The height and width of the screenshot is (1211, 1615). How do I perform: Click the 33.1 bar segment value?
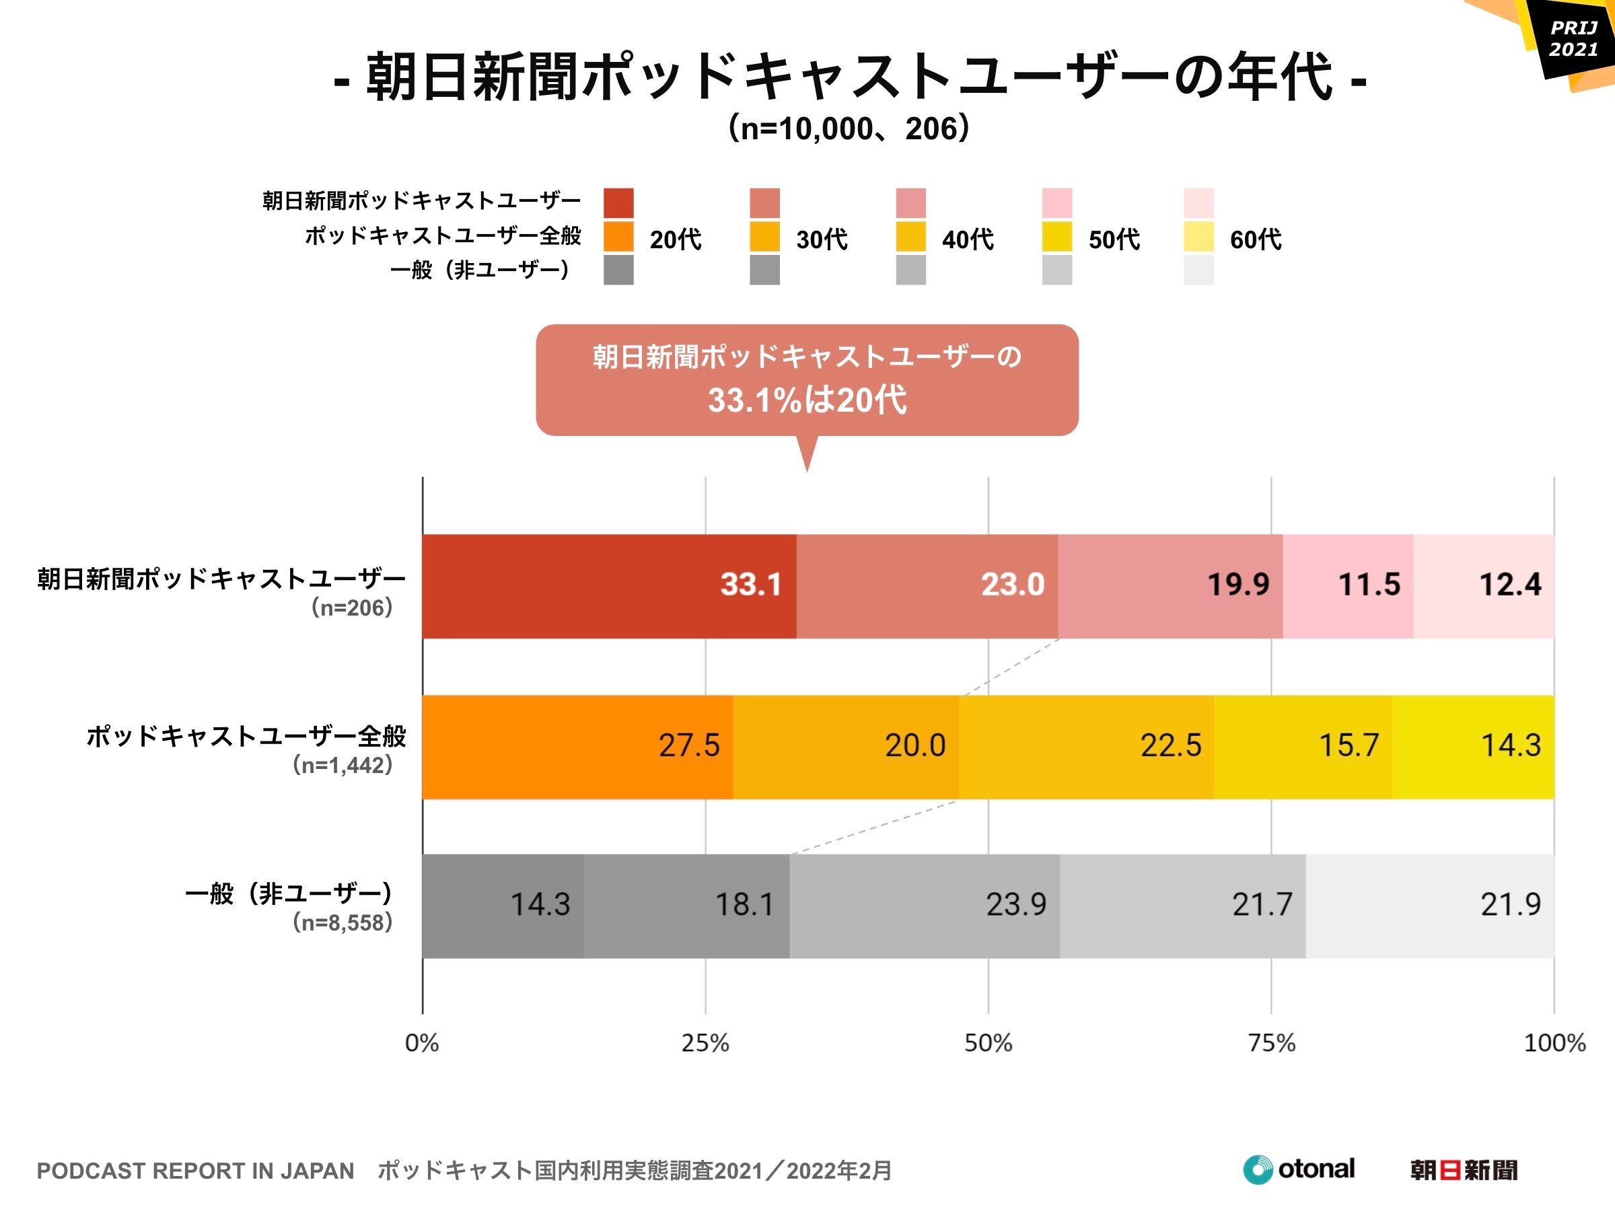[750, 584]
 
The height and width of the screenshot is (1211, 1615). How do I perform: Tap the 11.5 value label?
[1368, 584]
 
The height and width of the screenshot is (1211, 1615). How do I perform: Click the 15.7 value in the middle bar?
[1348, 745]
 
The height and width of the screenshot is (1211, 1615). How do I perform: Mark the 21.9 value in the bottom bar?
[1510, 904]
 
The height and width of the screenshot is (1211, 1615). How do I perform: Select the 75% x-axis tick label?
[1271, 1042]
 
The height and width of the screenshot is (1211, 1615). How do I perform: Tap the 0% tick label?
[422, 1042]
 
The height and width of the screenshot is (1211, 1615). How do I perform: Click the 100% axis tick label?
[1554, 1042]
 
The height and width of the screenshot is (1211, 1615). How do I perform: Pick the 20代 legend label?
[676, 239]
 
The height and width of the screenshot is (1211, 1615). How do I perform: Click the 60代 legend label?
[1255, 239]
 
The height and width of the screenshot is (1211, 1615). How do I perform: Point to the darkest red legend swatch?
[618, 203]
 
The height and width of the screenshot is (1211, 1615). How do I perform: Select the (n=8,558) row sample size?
[343, 922]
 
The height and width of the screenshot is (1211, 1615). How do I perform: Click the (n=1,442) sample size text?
[343, 765]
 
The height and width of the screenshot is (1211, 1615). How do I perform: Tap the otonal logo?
[1299, 1169]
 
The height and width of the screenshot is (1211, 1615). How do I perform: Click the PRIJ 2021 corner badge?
[1573, 40]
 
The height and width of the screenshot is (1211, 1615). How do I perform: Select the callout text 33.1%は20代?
[807, 400]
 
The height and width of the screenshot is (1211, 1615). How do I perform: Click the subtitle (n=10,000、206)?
[849, 129]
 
